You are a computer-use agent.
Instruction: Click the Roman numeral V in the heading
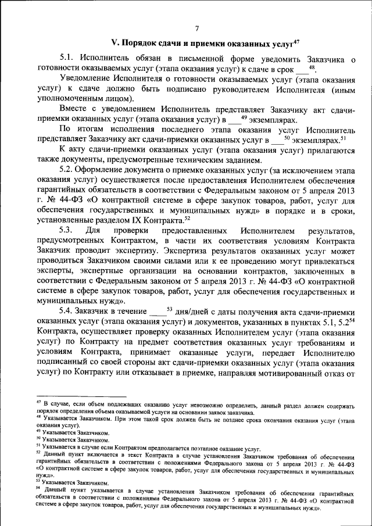tap(114, 42)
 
